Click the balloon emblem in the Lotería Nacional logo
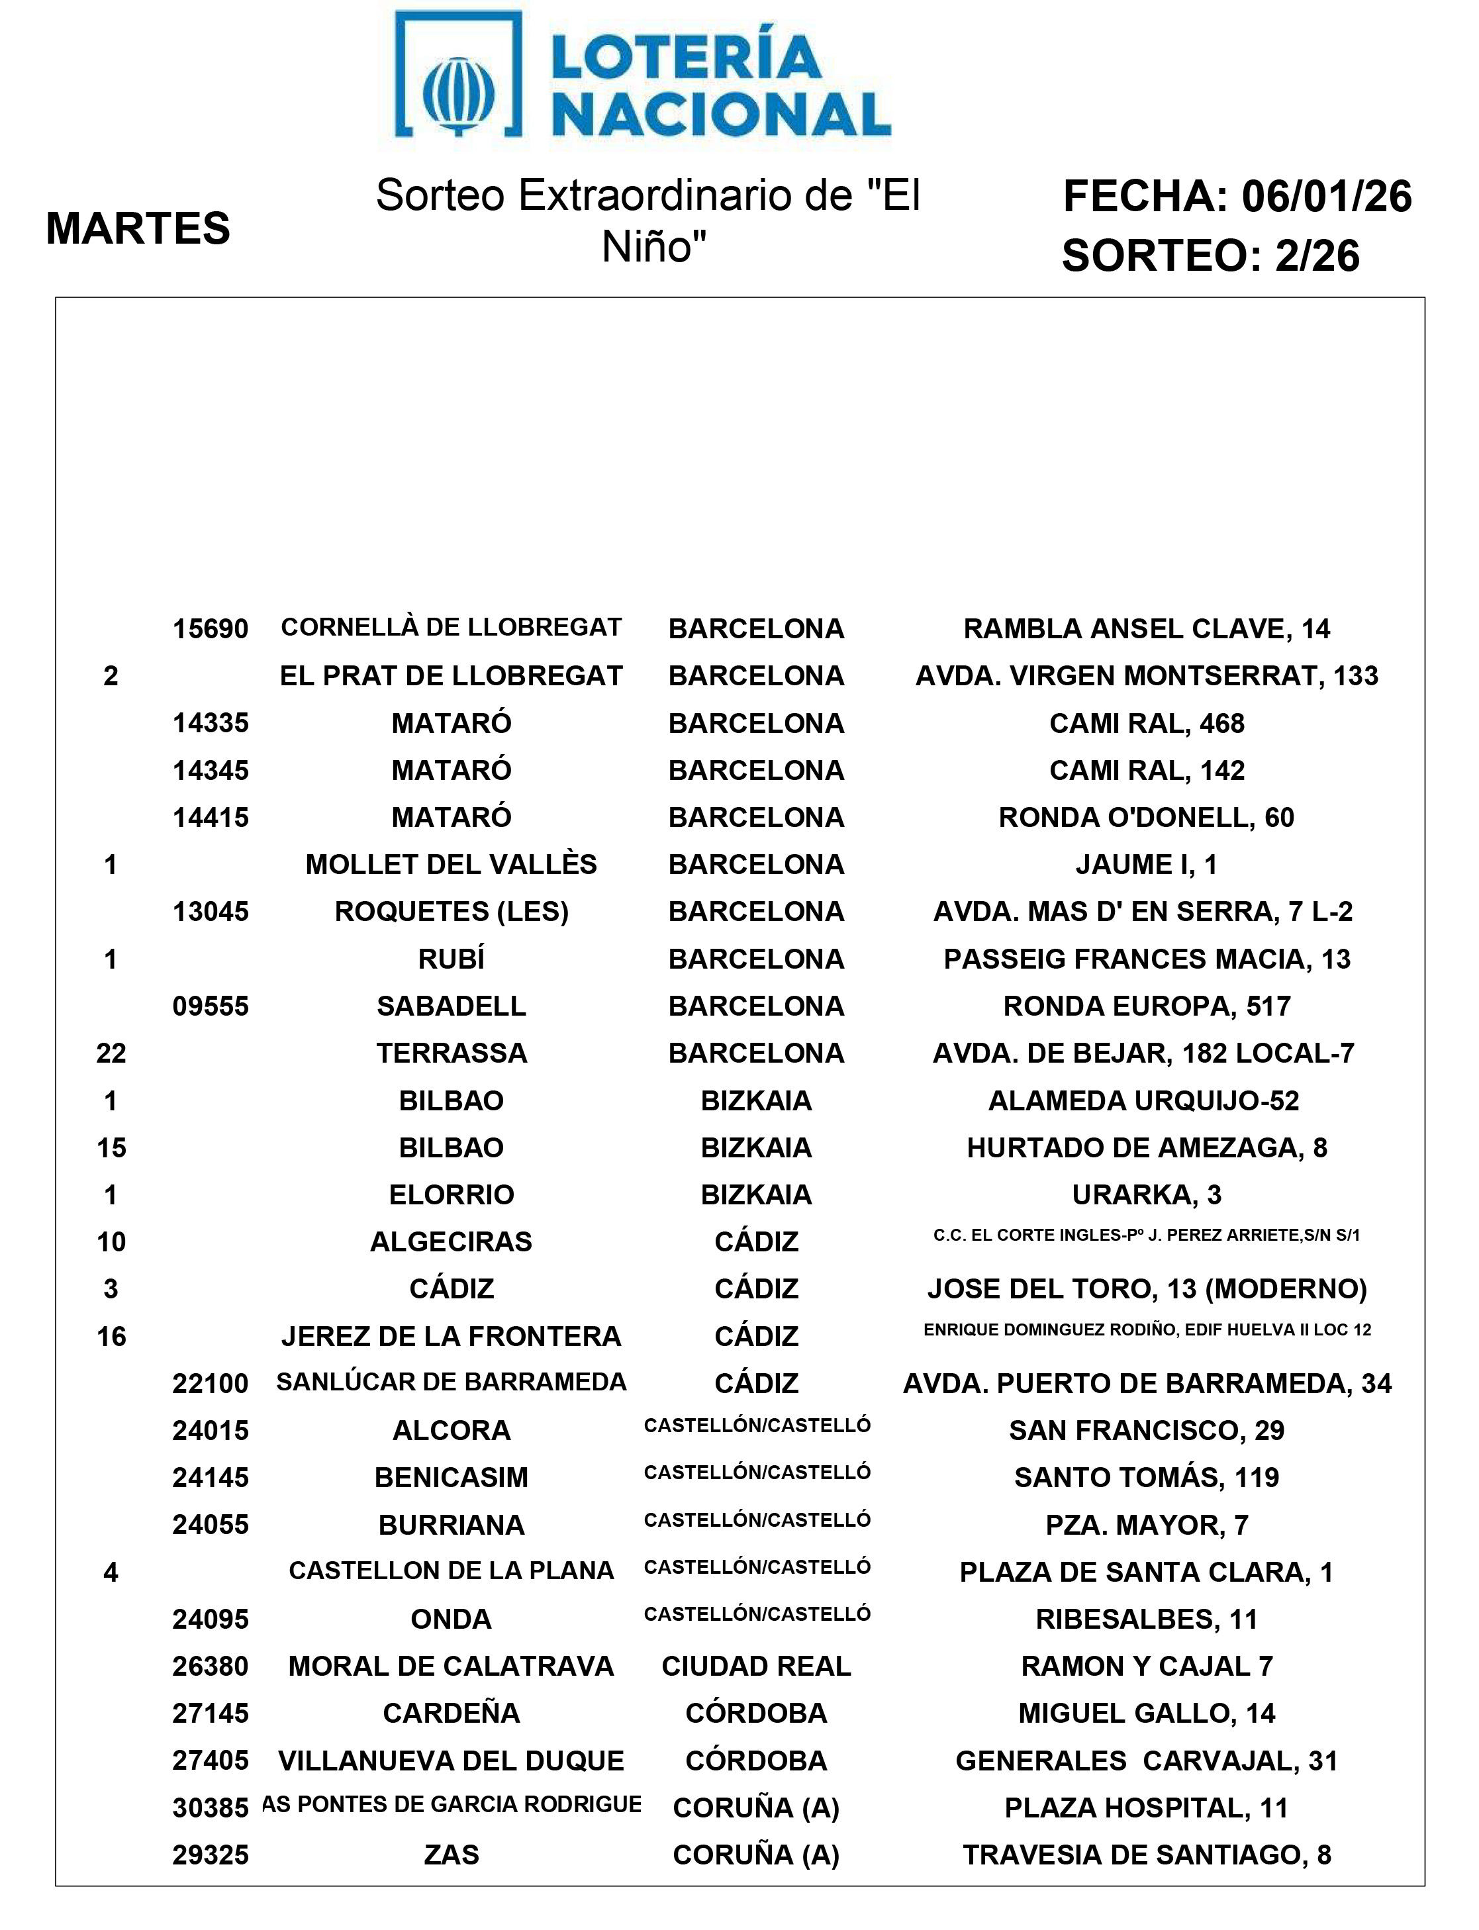(x=459, y=93)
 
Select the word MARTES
(x=138, y=229)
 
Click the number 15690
(x=211, y=630)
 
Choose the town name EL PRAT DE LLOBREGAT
(x=451, y=676)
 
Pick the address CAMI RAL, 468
(x=1146, y=724)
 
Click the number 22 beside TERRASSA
(x=111, y=1053)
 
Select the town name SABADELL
(x=451, y=1006)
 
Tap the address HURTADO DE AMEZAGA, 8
(x=1146, y=1147)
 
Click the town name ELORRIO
(x=451, y=1195)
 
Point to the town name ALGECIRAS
(x=451, y=1241)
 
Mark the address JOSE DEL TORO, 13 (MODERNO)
(x=1146, y=1289)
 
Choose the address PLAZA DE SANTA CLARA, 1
(x=1146, y=1572)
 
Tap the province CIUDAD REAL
(x=756, y=1666)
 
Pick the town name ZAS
(x=451, y=1855)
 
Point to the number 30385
(x=211, y=1808)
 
